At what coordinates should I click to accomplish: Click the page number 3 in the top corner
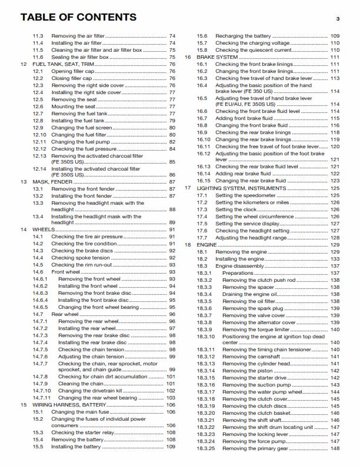[338, 19]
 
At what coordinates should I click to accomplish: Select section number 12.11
[39, 142]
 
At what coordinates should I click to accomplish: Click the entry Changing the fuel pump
[81, 142]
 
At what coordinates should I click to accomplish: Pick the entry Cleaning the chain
[79, 384]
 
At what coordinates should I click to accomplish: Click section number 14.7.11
[42, 398]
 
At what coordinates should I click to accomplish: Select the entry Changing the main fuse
[81, 412]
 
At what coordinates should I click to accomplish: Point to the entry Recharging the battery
[242, 36]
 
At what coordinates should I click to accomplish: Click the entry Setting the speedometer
[241, 195]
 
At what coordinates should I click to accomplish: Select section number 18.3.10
[206, 336]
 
